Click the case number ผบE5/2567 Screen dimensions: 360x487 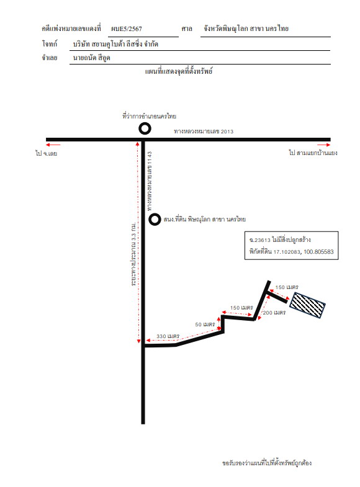(x=127, y=29)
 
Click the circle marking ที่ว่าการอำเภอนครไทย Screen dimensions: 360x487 (x=145, y=124)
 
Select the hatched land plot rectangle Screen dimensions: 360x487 (x=307, y=305)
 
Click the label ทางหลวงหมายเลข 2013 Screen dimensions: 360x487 (x=204, y=132)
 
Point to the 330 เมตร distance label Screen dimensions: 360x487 (x=168, y=336)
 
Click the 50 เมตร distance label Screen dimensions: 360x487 (x=205, y=324)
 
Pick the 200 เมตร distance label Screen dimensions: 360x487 (x=274, y=313)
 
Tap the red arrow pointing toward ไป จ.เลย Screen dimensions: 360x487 (x=53, y=145)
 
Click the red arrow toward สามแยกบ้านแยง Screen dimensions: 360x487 (x=323, y=145)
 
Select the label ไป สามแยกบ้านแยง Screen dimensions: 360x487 (x=313, y=153)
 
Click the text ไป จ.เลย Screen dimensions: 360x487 (x=47, y=153)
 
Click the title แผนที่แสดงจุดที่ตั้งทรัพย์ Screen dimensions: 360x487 (x=179, y=71)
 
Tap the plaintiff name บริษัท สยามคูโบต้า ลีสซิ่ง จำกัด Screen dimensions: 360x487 (x=115, y=44)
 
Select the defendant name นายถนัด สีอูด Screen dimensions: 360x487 (x=92, y=58)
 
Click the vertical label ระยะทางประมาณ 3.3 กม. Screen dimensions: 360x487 (x=133, y=254)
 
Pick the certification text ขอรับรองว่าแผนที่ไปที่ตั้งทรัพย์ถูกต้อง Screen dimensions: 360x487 (x=267, y=463)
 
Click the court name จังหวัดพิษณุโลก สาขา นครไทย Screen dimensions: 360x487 (x=246, y=29)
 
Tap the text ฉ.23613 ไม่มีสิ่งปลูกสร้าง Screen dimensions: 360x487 (x=280, y=239)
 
